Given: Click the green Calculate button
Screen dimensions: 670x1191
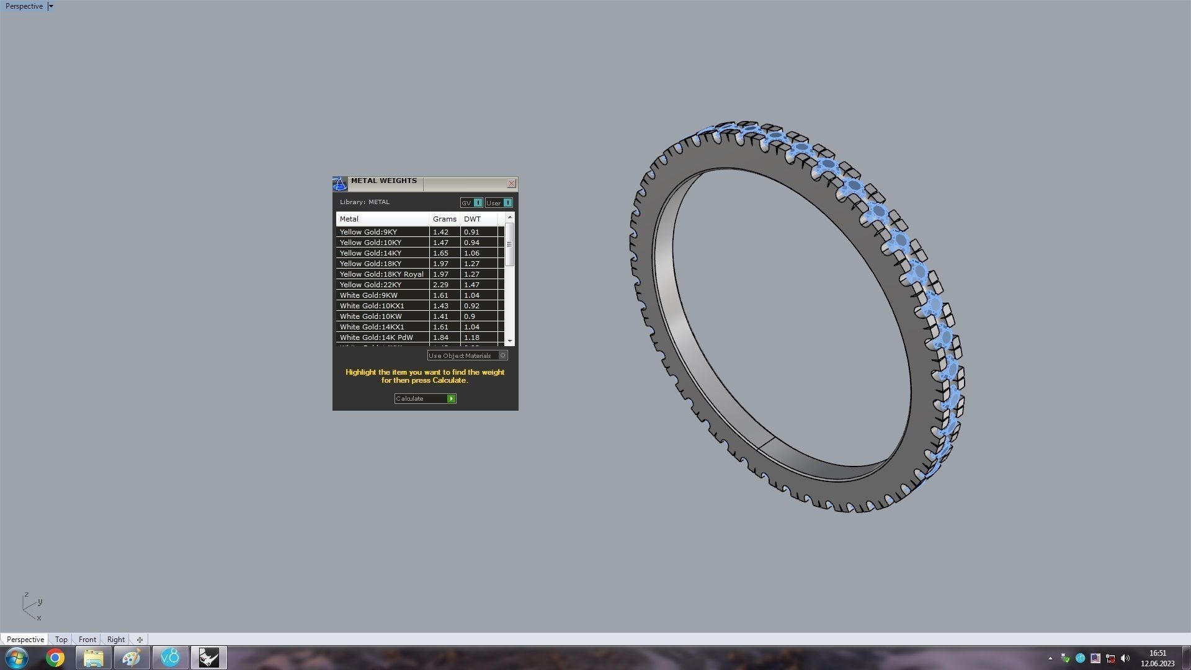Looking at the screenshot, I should (451, 399).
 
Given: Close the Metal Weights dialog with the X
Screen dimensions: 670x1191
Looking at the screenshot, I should (511, 184).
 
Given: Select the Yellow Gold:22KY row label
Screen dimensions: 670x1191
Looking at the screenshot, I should (370, 285).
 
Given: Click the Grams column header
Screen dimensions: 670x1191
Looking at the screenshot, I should (444, 219).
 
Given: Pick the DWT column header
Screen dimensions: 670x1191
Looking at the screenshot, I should (472, 219).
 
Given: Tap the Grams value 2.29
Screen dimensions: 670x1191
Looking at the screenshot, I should (440, 285).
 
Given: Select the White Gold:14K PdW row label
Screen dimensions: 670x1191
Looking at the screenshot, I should (376, 337).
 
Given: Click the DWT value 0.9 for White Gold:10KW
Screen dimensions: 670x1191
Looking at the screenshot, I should (469, 316).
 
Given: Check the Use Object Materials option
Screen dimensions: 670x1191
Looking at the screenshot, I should (502, 355).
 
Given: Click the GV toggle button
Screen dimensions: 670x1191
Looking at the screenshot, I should (477, 203).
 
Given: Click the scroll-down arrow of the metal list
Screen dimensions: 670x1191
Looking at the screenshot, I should (509, 341).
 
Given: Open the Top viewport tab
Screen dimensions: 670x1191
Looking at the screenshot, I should (61, 640).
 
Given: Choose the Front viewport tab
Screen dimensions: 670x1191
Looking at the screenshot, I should (87, 640).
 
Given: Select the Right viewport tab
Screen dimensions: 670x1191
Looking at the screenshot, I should (115, 640).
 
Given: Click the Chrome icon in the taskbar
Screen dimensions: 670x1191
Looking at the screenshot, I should (55, 658).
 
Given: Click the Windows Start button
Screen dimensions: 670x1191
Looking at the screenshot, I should (17, 658).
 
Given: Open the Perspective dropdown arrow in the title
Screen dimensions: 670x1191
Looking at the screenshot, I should (51, 6).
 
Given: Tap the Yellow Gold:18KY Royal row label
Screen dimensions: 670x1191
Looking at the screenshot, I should (381, 274).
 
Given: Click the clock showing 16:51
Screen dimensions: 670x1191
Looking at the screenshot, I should (1158, 653).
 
